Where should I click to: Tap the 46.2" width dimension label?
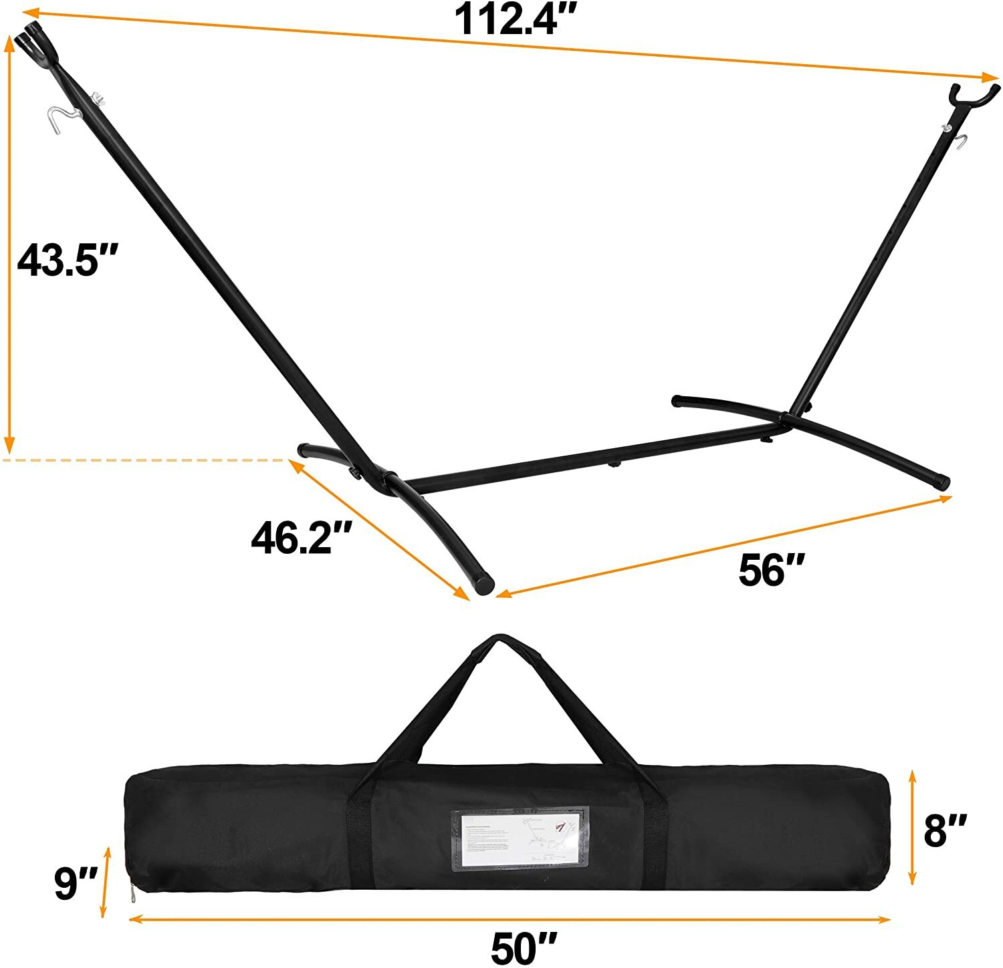click(301, 537)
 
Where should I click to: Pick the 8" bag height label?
click(945, 830)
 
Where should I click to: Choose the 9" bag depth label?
click(76, 882)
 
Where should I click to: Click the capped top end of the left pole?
click(32, 37)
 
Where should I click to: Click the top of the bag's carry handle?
click(495, 643)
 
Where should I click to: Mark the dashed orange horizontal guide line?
click(144, 460)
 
